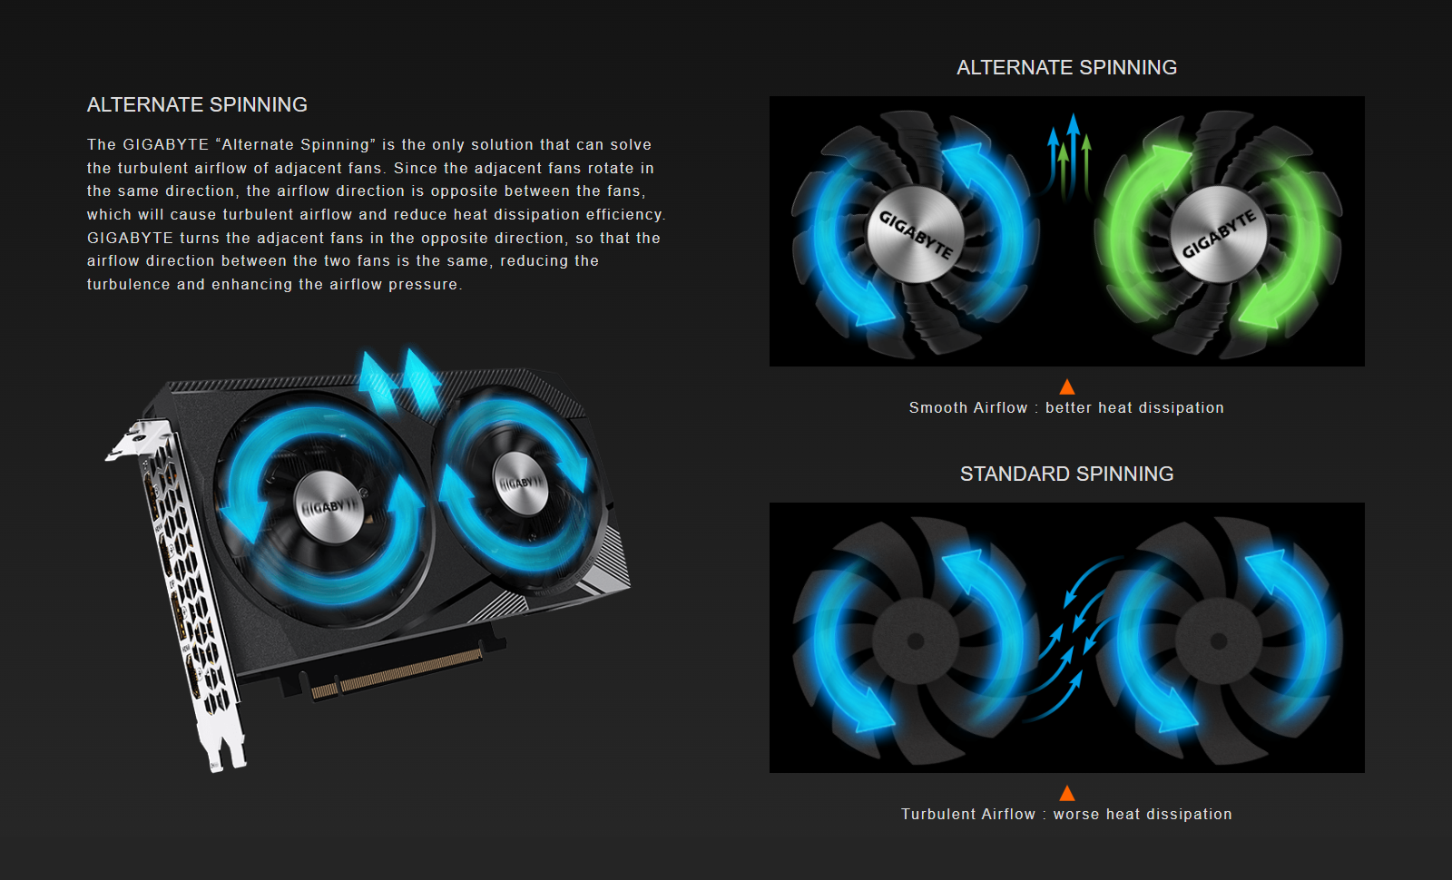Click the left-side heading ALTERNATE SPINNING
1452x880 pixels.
(197, 105)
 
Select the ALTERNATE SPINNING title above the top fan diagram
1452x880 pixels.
(1066, 67)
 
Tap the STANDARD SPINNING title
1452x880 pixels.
(1066, 474)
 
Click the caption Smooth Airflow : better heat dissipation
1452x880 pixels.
(1066, 407)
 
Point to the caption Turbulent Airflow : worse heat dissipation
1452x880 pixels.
(1066, 814)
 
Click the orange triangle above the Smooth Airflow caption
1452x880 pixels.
(1067, 386)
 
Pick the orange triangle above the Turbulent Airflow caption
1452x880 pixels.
(1067, 793)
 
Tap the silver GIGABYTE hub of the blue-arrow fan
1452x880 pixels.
(916, 234)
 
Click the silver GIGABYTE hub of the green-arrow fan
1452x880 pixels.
(1219, 234)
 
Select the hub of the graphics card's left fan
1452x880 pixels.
(329, 505)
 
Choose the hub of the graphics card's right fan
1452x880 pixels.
(521, 484)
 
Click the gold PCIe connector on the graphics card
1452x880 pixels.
(397, 675)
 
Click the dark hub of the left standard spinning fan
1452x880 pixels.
(916, 640)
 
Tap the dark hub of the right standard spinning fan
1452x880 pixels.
(1219, 640)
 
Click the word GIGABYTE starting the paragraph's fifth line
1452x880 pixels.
(131, 238)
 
